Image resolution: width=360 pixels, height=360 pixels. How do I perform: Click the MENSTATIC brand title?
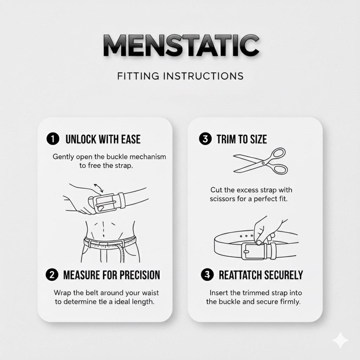pos(181,45)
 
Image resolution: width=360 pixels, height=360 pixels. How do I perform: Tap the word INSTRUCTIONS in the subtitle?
pos(203,76)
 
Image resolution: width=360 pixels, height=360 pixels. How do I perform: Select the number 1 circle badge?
pos(53,139)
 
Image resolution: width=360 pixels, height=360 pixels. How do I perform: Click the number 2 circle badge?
pos(52,275)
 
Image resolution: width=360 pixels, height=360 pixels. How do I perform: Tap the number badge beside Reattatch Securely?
pos(207,275)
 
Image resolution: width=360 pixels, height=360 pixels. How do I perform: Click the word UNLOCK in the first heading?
pos(81,139)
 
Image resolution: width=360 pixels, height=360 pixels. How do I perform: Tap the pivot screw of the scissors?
pos(263,163)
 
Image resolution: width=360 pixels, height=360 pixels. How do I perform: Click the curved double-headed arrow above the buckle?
pos(99,188)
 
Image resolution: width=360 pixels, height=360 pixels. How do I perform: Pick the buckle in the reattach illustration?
pos(252,251)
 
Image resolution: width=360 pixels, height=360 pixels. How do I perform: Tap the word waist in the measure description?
pos(150,293)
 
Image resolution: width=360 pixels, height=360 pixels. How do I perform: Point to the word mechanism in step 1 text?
pos(148,156)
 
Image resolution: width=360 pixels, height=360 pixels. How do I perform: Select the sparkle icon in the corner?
pos(340,340)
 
